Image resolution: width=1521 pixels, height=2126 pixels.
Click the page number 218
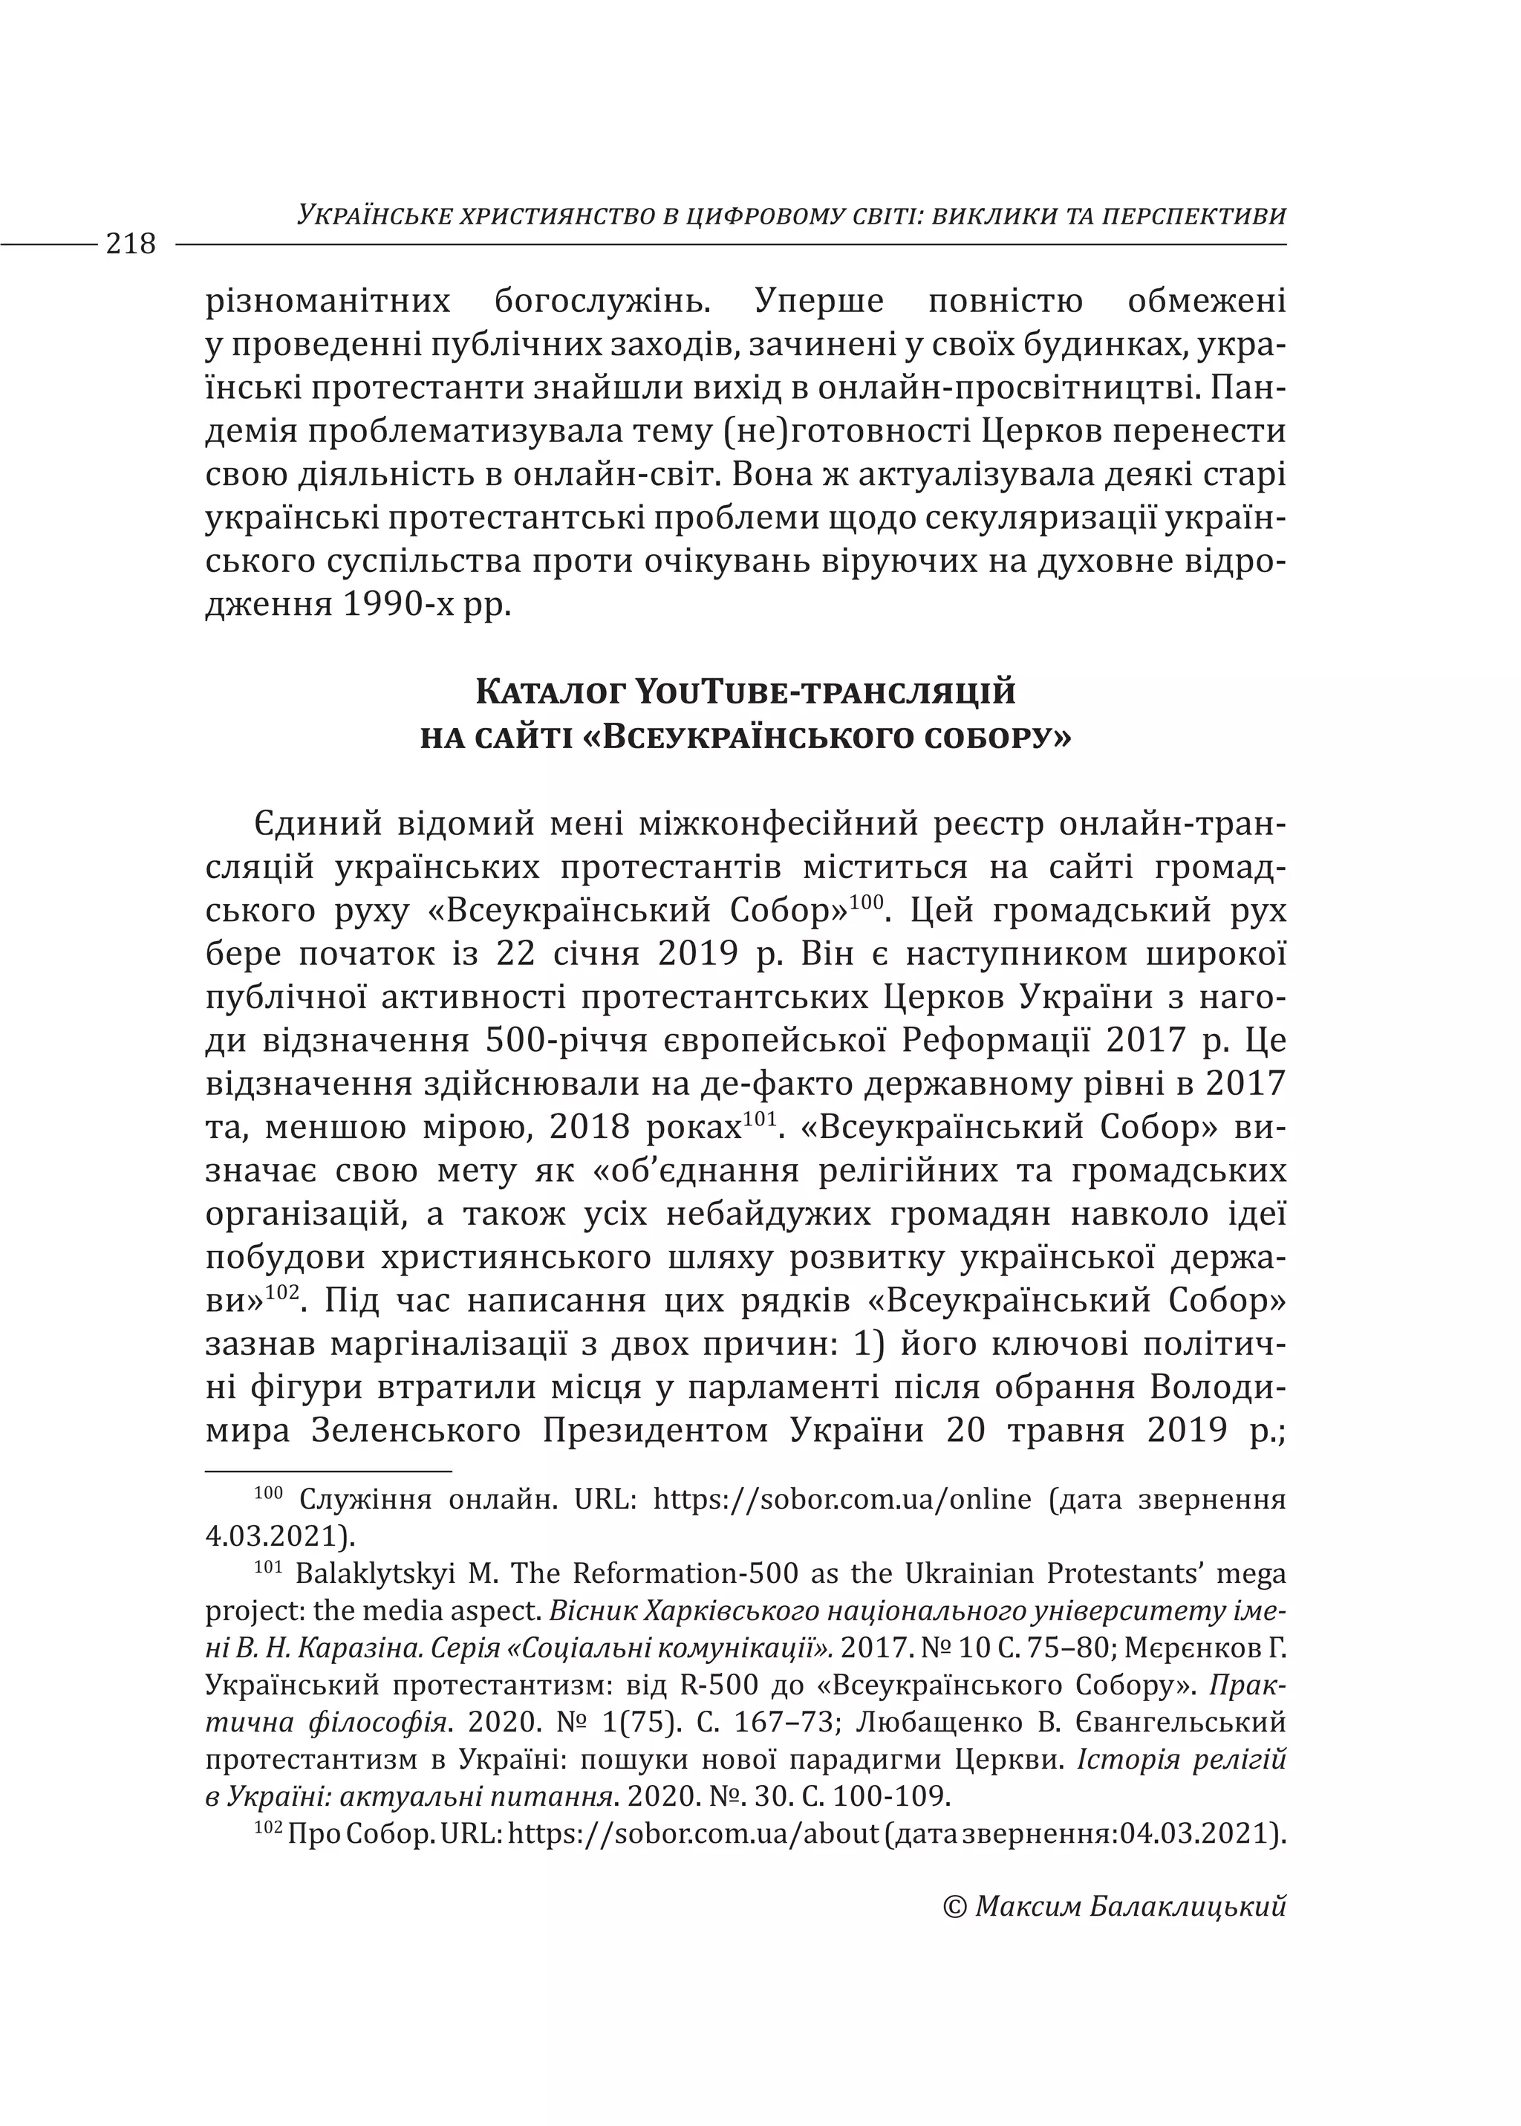point(131,244)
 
